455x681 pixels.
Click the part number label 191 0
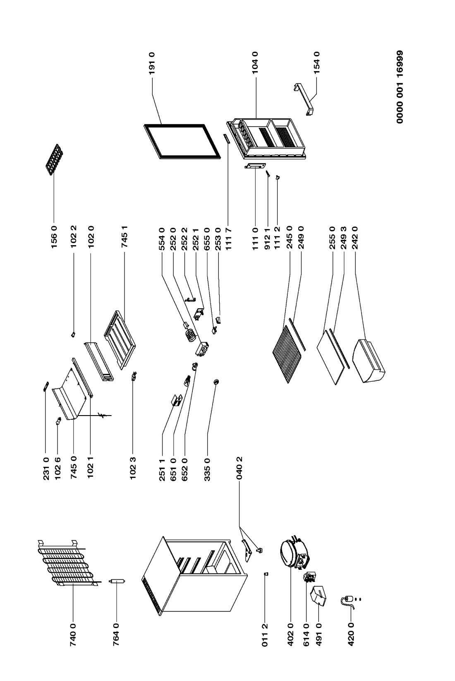152,63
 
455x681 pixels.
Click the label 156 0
55,237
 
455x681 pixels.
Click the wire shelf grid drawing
288,354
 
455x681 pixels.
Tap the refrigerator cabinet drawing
195,576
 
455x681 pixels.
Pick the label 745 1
125,237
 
